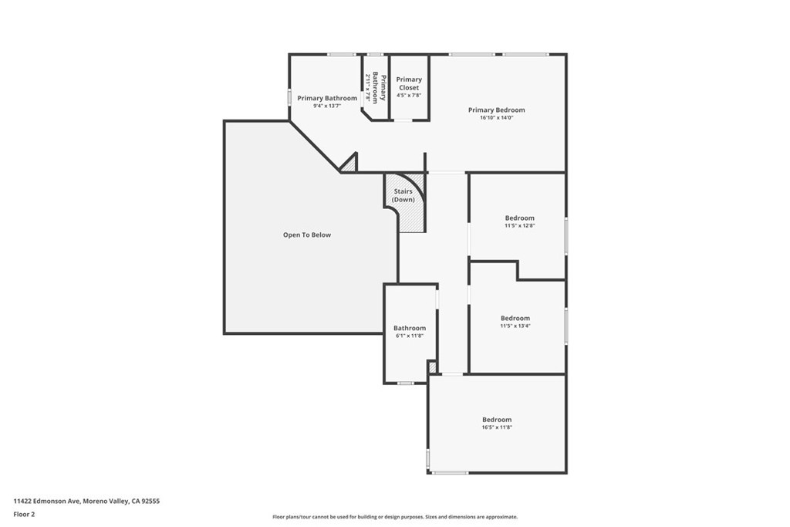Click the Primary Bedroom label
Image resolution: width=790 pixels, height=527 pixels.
(496, 110)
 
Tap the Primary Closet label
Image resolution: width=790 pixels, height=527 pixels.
(409, 83)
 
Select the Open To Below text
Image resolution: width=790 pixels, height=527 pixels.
(307, 235)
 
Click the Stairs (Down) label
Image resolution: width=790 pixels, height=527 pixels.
(403, 195)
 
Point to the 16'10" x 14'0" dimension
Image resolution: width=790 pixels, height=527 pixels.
(496, 118)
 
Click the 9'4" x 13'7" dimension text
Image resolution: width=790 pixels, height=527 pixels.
(327, 106)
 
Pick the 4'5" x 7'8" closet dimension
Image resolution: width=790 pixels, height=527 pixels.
(409, 95)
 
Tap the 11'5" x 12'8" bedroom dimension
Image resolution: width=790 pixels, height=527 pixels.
(519, 226)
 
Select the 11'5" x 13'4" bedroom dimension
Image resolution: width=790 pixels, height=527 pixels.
(515, 326)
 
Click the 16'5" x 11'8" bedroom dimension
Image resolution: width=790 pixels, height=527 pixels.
(497, 427)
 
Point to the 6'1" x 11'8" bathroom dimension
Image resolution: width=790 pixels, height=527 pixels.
(409, 336)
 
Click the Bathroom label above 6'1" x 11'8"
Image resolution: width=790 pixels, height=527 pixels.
(410, 328)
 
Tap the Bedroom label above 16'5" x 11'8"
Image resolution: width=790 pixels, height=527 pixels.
(497, 420)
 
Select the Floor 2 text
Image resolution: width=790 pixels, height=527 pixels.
(24, 515)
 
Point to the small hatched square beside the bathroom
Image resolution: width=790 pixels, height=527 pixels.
(432, 367)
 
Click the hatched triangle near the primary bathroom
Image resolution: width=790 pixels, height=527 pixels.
(349, 164)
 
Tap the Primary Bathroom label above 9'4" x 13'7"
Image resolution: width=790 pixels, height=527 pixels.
(327, 98)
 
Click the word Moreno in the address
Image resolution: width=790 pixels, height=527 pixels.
(93, 502)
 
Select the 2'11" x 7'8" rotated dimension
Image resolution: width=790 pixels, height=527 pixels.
(368, 88)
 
